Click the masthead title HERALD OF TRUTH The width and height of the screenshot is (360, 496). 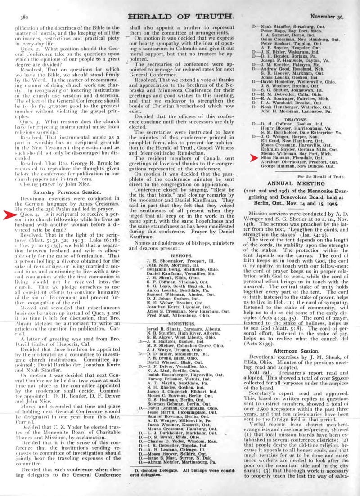pos(181,17)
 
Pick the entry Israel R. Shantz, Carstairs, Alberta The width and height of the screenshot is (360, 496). pos(180,330)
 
